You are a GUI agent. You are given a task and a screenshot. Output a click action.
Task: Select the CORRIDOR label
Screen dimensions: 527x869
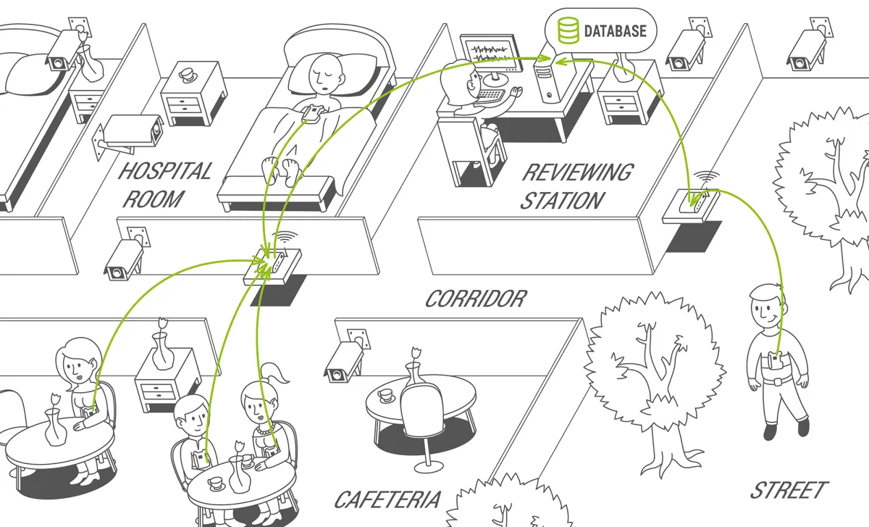coord(475,299)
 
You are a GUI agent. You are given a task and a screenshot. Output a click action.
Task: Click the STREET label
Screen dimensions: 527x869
coord(789,490)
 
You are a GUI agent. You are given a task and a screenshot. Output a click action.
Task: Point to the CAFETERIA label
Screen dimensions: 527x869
coord(387,499)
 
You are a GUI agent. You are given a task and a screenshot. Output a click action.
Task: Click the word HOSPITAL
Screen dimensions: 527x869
coord(165,172)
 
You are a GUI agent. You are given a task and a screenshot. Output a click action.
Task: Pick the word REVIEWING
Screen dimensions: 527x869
coord(577,173)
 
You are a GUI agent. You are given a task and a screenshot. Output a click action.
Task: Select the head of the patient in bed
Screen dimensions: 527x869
coord(324,72)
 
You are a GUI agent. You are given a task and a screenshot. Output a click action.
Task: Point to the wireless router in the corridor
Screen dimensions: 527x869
coord(272,267)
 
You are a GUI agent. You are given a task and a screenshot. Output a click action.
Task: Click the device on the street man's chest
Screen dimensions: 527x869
coord(777,362)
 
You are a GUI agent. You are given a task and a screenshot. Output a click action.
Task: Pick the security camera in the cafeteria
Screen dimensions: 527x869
coord(343,359)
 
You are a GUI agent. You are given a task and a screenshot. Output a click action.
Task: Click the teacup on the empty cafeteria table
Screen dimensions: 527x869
coord(385,396)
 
